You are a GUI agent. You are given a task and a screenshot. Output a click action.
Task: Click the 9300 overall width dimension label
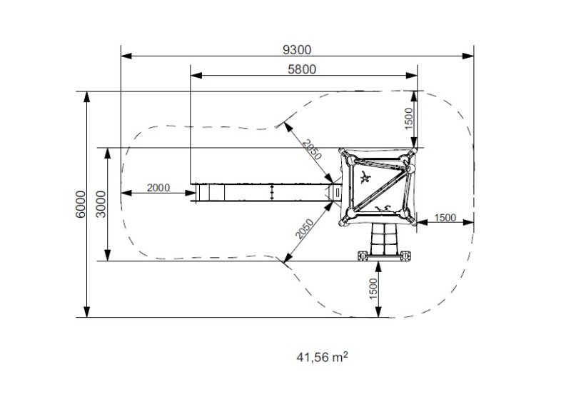pos(297,49)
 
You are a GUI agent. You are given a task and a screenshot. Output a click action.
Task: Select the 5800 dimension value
pos(302,69)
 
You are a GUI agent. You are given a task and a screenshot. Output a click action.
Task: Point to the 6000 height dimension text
pos(81,204)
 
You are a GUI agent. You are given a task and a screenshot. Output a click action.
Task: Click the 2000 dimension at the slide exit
pos(158,188)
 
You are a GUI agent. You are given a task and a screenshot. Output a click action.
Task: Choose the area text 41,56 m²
pos(322,357)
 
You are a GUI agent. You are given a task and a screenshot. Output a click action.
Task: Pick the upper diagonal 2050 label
pos(313,150)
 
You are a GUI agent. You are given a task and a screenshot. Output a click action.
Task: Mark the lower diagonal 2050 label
pos(304,229)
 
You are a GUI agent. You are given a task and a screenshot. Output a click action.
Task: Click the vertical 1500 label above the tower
pos(409,119)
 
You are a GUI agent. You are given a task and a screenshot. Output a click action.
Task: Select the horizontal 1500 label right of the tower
pos(445,218)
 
